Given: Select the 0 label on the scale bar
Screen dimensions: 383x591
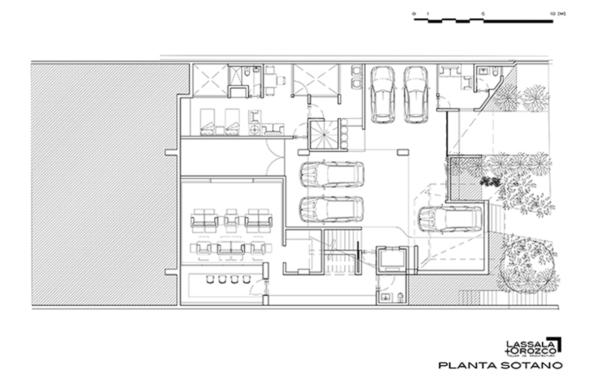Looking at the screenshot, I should tap(414, 14).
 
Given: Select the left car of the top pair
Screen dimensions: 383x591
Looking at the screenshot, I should tap(383, 94).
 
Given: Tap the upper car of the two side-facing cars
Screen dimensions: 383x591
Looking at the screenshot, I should tap(331, 174).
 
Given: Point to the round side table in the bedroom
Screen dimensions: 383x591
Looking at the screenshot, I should tap(255, 130).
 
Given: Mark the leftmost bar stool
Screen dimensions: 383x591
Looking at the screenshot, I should tap(209, 279).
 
